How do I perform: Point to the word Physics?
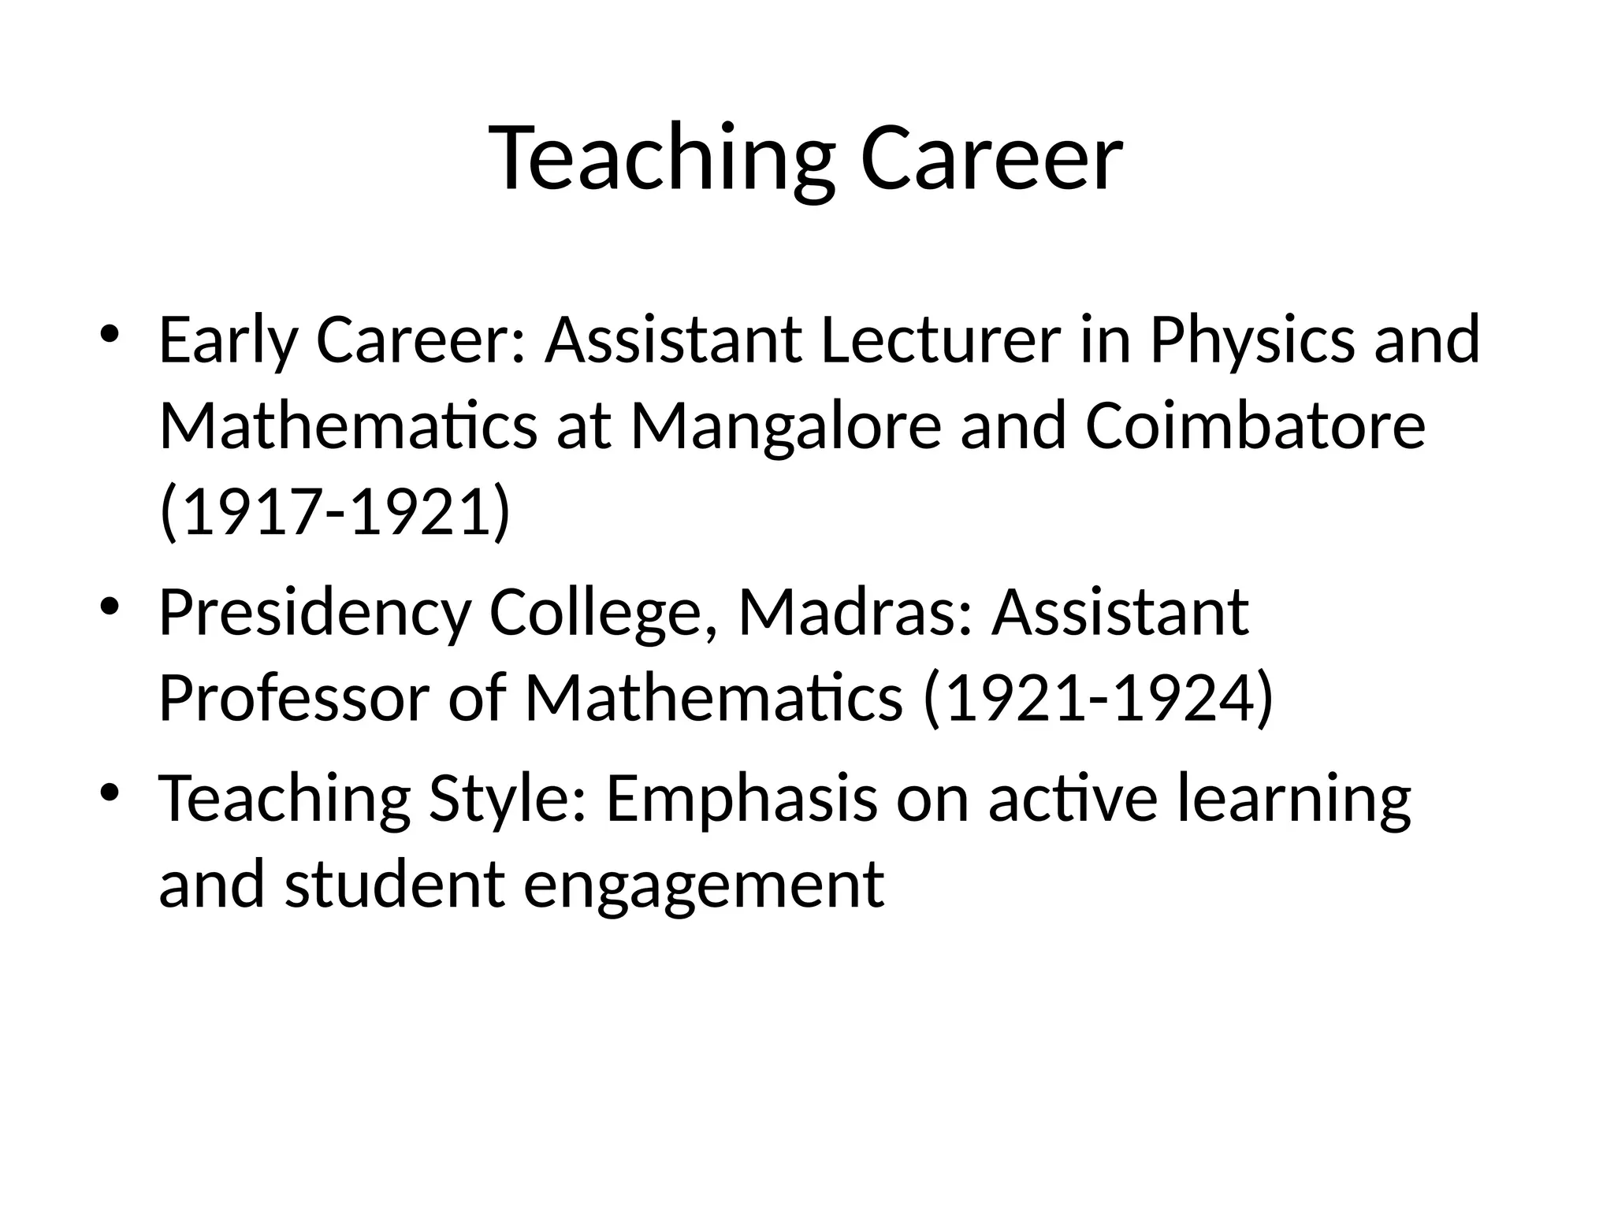point(1252,341)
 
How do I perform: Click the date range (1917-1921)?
point(335,513)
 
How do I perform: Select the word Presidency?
point(314,614)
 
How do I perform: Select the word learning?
point(1292,799)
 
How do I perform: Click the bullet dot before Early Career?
point(110,334)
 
